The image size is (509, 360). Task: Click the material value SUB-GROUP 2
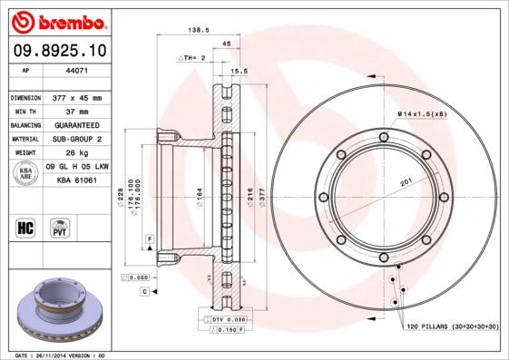tap(76, 140)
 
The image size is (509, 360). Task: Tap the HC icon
tap(26, 227)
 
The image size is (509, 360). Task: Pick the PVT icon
tap(60, 227)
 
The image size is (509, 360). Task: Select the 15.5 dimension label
tap(240, 70)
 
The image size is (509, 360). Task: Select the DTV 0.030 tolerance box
tap(228, 320)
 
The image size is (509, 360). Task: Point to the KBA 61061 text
tap(77, 180)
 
